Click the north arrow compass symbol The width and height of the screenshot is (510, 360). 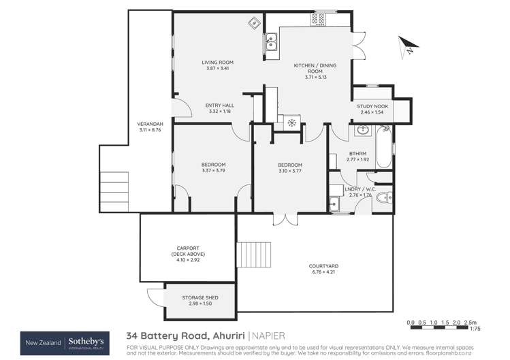[x=407, y=46]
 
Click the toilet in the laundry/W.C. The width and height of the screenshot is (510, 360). [x=383, y=198]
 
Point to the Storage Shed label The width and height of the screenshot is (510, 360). [x=200, y=298]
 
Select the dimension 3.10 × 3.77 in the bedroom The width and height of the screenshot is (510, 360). [x=289, y=171]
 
